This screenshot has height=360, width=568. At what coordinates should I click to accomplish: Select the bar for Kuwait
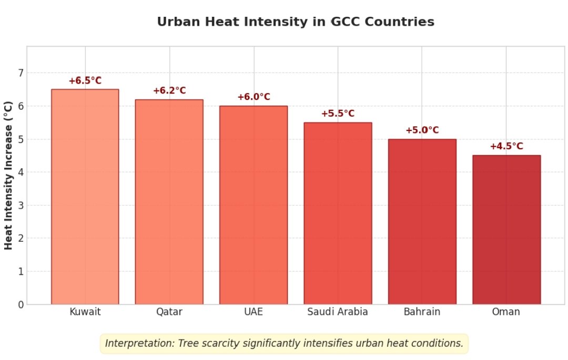click(x=85, y=197)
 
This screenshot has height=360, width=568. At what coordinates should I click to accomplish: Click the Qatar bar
click(x=169, y=202)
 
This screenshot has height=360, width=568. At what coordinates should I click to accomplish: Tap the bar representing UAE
click(x=253, y=205)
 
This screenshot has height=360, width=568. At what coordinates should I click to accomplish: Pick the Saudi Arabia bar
click(x=338, y=213)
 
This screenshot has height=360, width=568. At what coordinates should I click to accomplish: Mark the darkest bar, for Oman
click(x=506, y=230)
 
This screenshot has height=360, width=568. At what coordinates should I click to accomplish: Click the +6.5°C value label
click(x=85, y=81)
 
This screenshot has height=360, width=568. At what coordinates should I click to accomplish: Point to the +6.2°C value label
click(x=169, y=91)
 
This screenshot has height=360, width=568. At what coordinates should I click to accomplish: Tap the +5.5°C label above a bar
click(x=338, y=114)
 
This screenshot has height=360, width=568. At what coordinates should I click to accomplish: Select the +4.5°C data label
click(x=506, y=147)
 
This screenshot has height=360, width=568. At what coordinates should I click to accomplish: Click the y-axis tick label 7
click(x=21, y=73)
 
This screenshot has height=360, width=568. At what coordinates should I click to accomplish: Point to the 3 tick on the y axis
click(x=21, y=205)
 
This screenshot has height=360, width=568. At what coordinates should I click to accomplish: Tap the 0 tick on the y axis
click(x=21, y=305)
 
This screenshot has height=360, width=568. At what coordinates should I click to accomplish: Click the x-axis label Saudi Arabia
click(x=338, y=312)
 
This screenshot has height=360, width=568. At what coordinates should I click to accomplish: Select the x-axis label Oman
click(x=506, y=312)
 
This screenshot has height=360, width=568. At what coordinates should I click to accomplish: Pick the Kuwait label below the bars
click(x=85, y=312)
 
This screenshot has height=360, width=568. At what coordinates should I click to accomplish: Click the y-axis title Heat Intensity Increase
click(x=8, y=175)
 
